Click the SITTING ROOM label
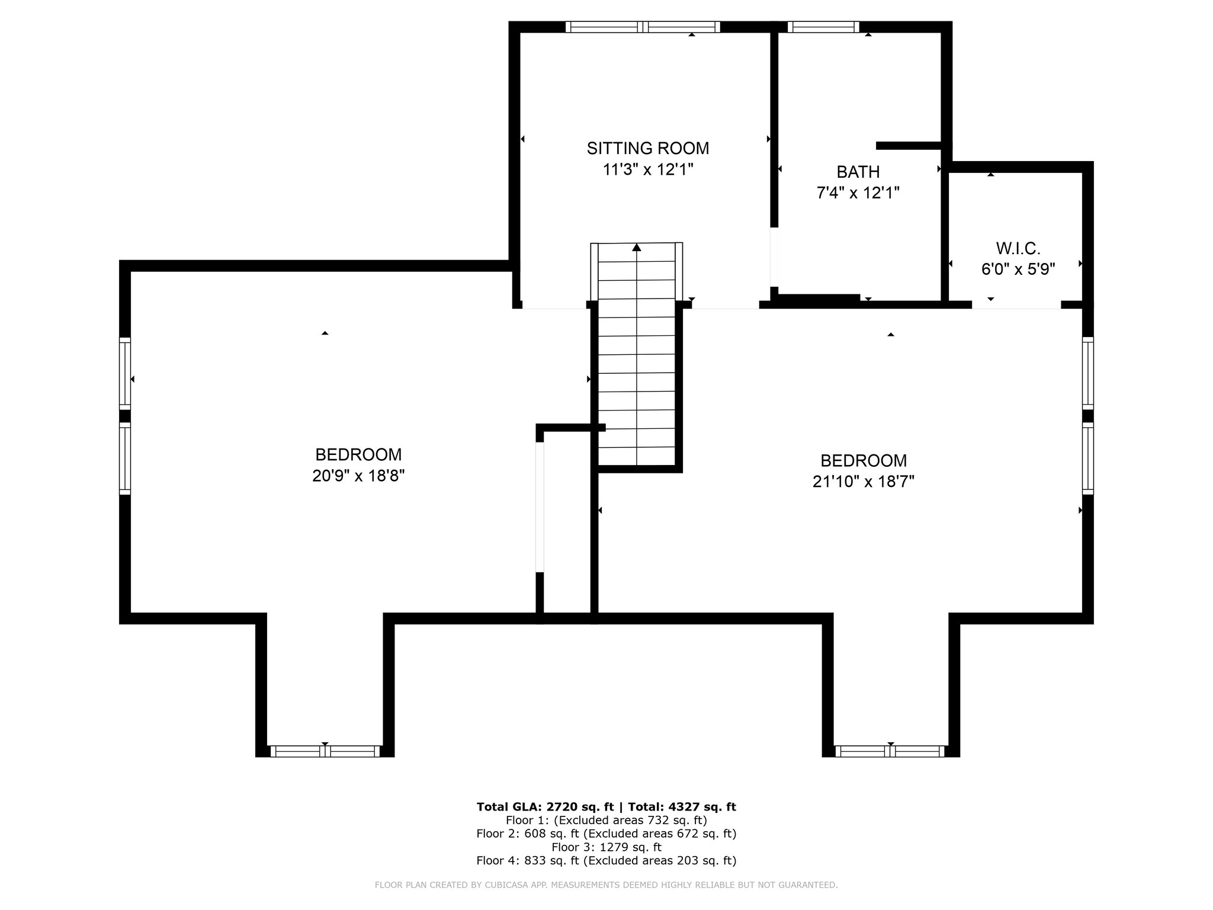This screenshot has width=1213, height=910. [647, 148]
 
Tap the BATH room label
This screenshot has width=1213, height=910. [858, 172]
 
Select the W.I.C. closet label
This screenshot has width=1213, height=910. [1018, 248]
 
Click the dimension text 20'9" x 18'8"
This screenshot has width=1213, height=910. [358, 476]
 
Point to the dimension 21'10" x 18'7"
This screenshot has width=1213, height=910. [864, 482]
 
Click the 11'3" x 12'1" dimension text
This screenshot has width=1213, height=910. [647, 169]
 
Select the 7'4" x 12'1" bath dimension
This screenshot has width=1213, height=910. [858, 193]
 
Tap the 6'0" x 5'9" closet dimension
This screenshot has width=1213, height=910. [1018, 270]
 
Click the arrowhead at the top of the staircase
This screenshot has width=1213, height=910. [637, 247]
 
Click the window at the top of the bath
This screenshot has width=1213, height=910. [823, 27]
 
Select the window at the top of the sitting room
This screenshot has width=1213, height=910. [643, 27]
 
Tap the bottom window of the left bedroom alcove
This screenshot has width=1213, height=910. [325, 751]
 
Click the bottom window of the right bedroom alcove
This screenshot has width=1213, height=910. [890, 751]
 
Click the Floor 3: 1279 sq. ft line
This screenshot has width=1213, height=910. [606, 847]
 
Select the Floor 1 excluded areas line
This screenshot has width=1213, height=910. [606, 821]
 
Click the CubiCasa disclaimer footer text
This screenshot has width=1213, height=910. [606, 885]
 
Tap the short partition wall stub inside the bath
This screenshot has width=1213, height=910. [909, 146]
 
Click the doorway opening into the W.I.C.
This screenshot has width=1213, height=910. [1016, 305]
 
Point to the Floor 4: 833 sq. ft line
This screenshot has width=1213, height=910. [606, 861]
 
